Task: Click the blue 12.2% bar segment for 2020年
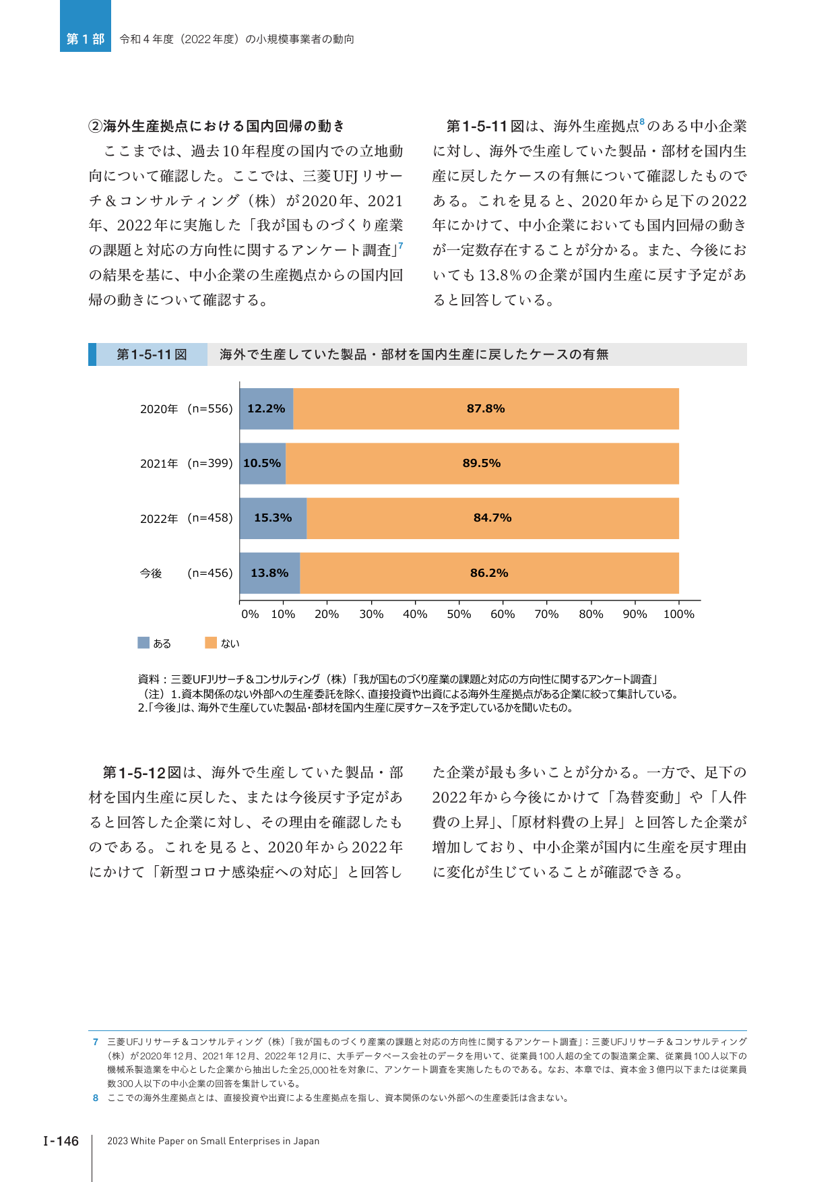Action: click(267, 408)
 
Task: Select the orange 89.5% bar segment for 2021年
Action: click(482, 464)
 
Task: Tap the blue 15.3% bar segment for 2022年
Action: click(274, 518)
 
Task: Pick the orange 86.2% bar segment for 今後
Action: click(490, 573)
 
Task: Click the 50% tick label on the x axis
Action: click(459, 614)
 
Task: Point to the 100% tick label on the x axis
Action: click(679, 614)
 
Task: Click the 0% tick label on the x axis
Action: click(250, 614)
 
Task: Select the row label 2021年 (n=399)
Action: click(187, 464)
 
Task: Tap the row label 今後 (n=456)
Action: click(187, 573)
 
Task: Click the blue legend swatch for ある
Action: click(143, 643)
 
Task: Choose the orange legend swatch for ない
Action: click(211, 643)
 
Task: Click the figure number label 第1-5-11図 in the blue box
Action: click(152, 354)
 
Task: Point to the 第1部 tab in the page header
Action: click(86, 39)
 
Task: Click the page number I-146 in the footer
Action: click(61, 1141)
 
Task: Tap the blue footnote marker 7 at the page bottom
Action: click(96, 1042)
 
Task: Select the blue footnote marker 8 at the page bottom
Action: click(96, 1098)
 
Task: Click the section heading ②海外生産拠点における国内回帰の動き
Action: click(217, 126)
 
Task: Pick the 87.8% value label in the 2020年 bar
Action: click(486, 408)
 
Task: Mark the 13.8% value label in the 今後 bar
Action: click(269, 573)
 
